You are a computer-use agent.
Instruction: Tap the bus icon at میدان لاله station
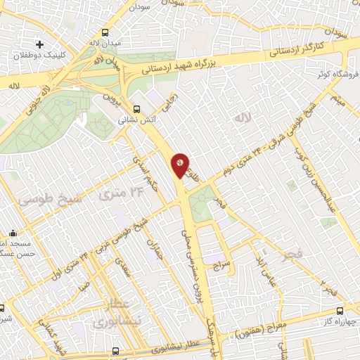[105, 32]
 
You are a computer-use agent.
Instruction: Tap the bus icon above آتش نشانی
[136, 109]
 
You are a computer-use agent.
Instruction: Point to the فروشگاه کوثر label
[336, 73]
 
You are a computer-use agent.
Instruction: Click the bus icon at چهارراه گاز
[340, 310]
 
